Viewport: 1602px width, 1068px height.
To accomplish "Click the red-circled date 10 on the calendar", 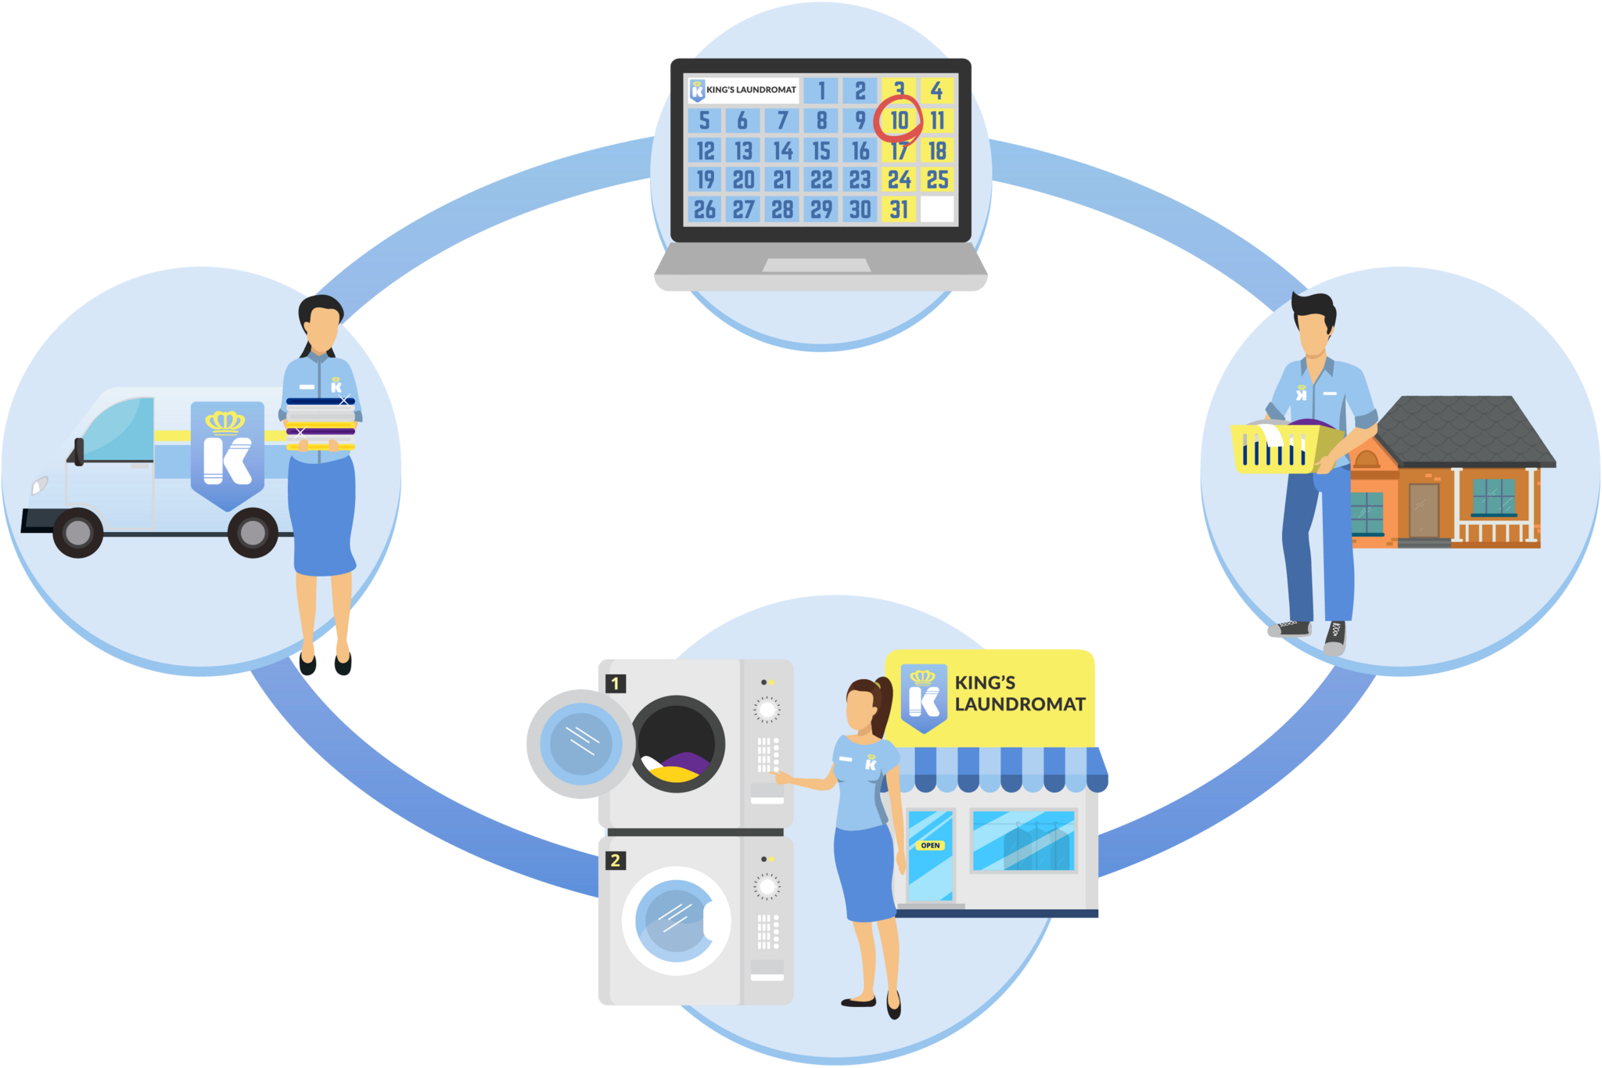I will pos(899,120).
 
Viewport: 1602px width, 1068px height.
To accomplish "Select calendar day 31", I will pos(899,210).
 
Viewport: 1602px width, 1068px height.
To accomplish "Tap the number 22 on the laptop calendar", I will pos(821,180).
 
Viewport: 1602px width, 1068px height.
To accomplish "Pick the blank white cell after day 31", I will pos(937,209).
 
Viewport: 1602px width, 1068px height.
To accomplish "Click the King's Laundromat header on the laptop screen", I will pos(743,90).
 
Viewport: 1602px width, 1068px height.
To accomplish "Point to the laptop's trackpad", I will pos(817,266).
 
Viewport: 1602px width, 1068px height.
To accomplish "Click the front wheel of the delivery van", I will pos(77,532).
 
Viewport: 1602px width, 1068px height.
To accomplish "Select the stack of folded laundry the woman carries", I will pos(321,425).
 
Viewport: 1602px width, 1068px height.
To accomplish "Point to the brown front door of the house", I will pos(1424,509).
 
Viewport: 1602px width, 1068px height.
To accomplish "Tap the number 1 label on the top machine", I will pos(616,684).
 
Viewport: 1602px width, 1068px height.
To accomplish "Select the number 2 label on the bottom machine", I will pos(616,861).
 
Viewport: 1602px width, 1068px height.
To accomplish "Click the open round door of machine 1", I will pos(580,743).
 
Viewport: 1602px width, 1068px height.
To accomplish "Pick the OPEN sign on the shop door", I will pos(930,845).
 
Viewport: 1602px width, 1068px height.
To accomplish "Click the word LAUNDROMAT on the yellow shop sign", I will pos(1020,704).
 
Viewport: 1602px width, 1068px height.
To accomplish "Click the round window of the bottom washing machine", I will pos(675,920).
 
